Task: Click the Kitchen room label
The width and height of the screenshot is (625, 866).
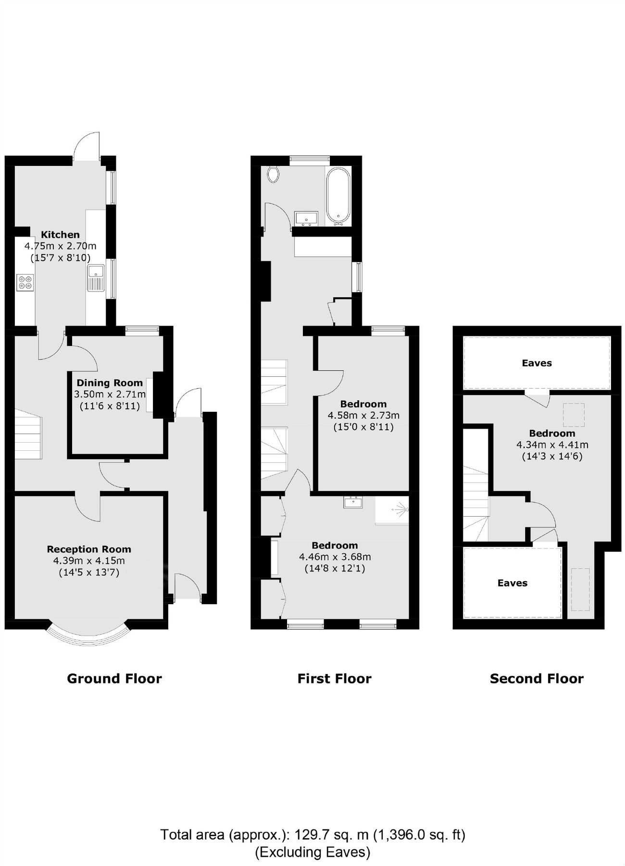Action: [60, 235]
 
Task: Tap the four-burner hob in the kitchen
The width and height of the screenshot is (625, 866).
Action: [25, 282]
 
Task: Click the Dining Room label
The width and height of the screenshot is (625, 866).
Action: [110, 383]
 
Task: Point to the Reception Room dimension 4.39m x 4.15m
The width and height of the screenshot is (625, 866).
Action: [89, 560]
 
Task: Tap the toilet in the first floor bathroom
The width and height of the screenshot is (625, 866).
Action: [274, 174]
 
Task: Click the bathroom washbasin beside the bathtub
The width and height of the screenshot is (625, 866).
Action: [306, 219]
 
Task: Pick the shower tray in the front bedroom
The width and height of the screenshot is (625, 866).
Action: [392, 510]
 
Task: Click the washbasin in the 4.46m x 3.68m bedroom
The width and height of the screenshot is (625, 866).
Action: [353, 502]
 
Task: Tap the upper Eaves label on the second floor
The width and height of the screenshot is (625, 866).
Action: [537, 363]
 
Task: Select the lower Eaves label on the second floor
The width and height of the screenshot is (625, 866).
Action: [512, 583]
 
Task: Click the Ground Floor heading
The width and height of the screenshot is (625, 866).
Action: [114, 679]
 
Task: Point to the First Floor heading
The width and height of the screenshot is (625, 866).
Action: [334, 679]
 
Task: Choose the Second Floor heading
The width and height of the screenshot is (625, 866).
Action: [537, 679]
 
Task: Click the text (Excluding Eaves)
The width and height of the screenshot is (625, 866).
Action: [312, 852]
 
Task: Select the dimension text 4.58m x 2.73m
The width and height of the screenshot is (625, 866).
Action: [363, 415]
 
